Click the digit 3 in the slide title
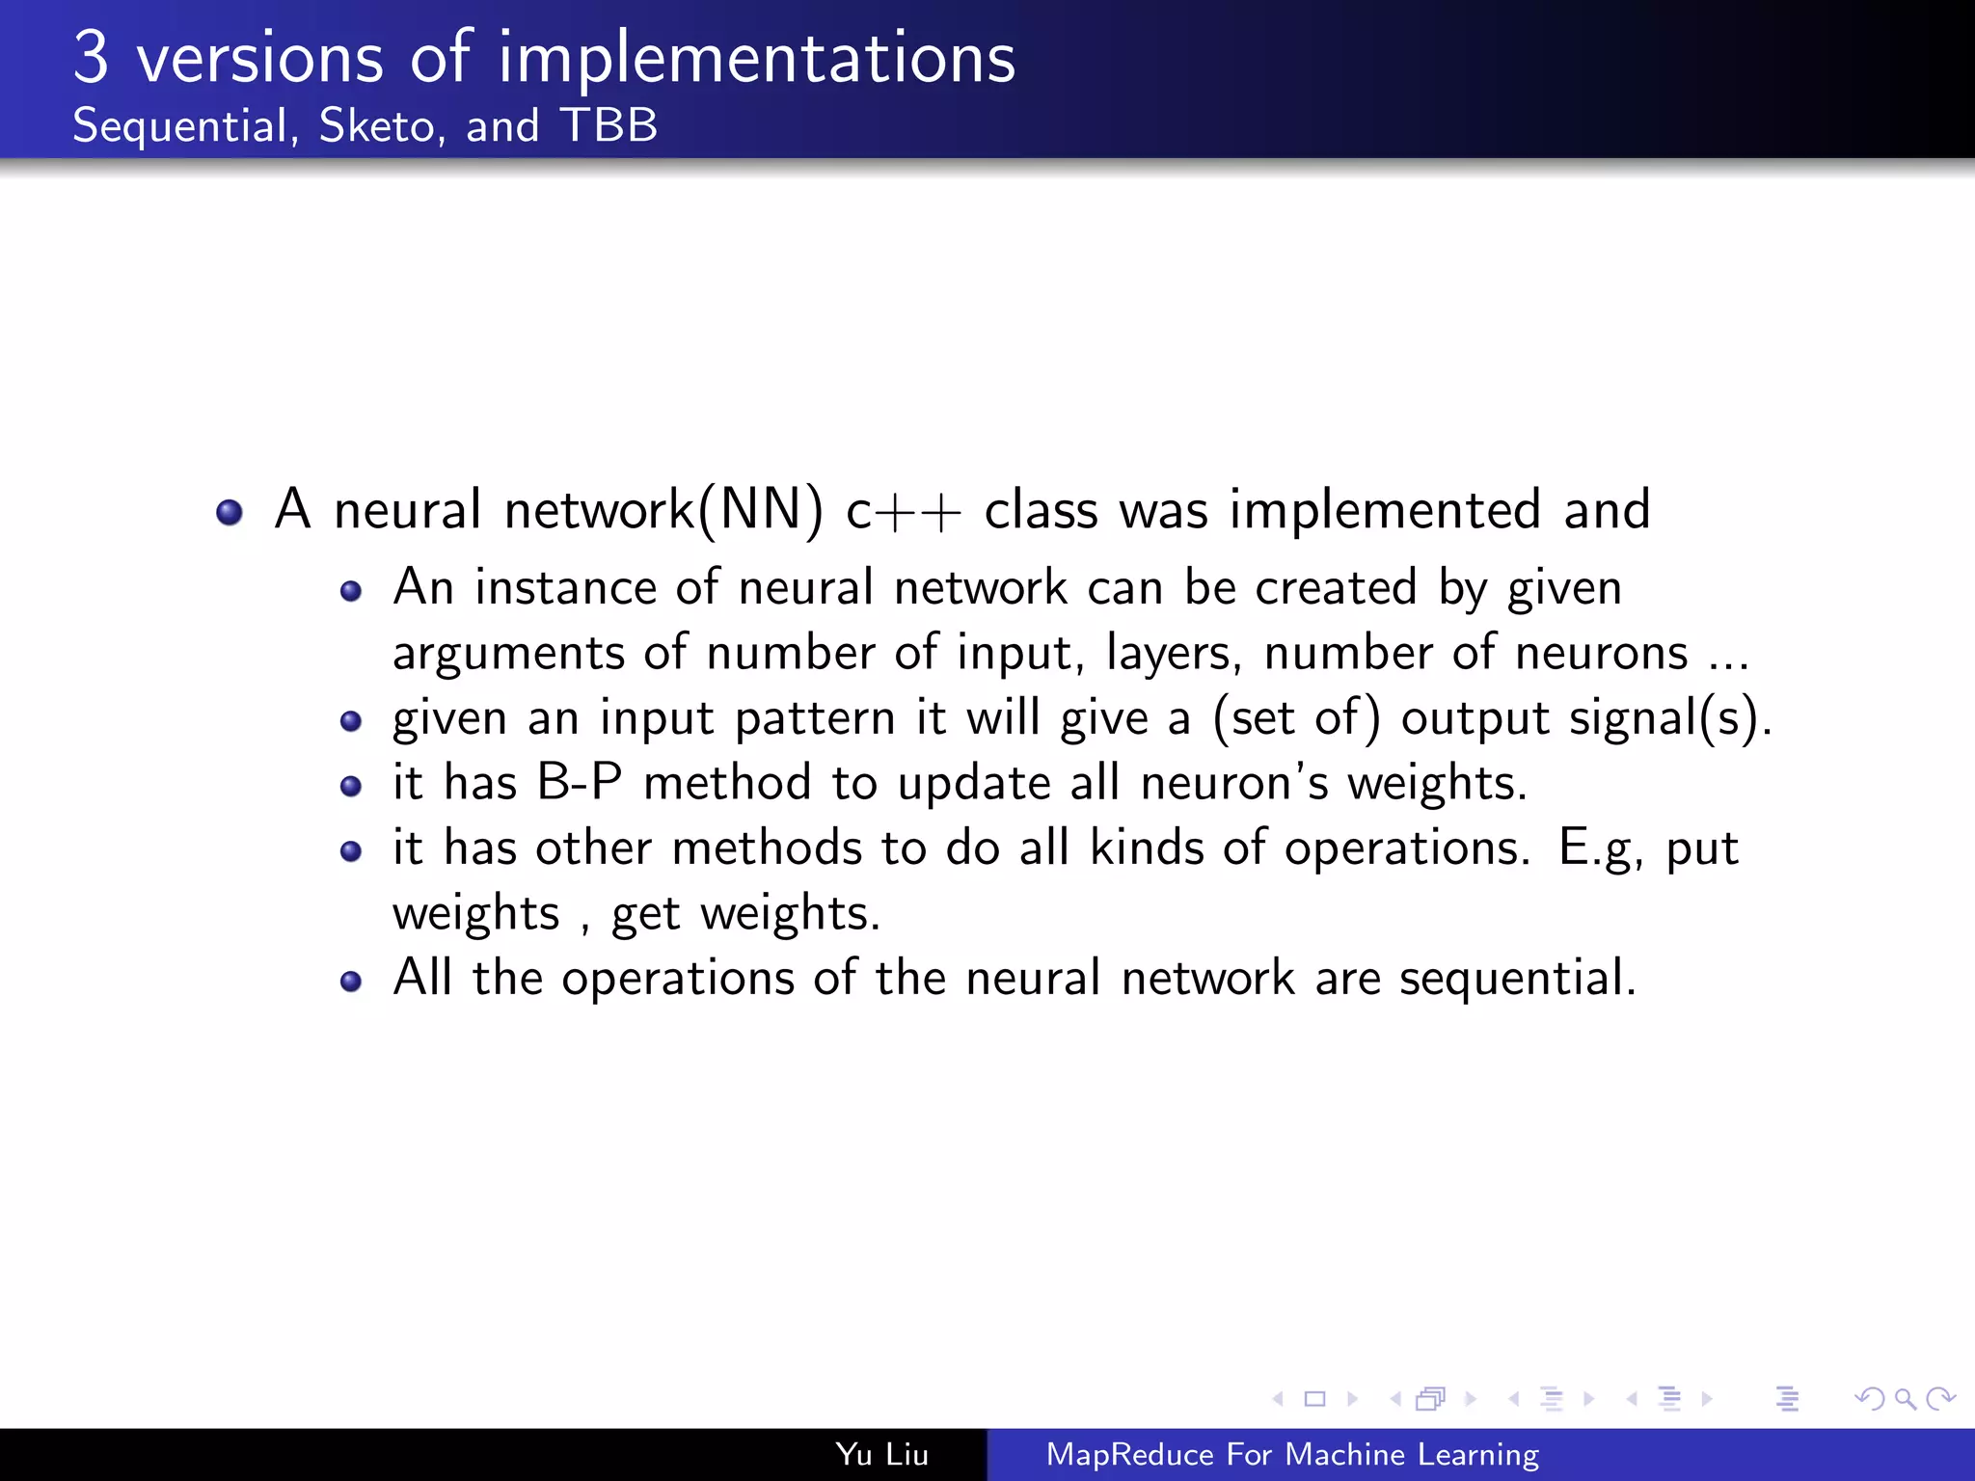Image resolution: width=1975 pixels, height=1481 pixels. [91, 58]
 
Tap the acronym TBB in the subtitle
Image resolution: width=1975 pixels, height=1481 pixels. [609, 125]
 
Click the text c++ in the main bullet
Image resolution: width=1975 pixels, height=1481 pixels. [903, 510]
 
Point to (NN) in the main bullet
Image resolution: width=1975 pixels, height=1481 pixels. [761, 510]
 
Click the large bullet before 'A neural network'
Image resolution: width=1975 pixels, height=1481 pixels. [230, 512]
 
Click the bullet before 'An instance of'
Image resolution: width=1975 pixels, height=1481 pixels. [351, 591]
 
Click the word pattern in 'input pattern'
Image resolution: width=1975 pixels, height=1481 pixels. [815, 719]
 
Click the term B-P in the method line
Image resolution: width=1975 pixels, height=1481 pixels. [580, 782]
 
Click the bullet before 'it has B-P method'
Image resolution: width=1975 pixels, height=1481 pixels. [351, 786]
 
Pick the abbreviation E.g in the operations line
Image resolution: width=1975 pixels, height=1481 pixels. [1600, 849]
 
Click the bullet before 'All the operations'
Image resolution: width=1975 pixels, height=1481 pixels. [351, 982]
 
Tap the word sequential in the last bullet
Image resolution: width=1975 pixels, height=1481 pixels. [1516, 979]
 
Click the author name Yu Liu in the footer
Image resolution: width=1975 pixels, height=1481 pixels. [881, 1454]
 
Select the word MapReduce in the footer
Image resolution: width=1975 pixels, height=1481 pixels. [1129, 1454]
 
